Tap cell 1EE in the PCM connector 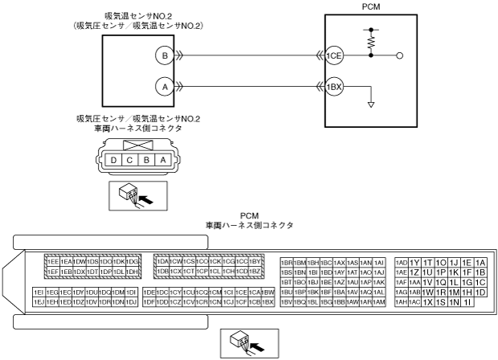click(52, 262)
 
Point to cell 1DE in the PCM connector click(149, 292)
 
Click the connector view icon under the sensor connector click(133, 193)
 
